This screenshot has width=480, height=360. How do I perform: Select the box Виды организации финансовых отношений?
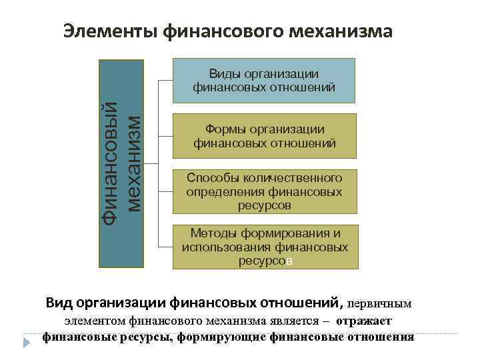click(264, 80)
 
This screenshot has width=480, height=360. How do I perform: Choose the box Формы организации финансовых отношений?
click(264, 136)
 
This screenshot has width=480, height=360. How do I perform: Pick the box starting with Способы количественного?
click(264, 191)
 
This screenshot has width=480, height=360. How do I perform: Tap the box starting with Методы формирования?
click(264, 247)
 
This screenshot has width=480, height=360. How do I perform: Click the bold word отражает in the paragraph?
click(364, 321)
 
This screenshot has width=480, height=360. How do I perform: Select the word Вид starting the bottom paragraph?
click(59, 303)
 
